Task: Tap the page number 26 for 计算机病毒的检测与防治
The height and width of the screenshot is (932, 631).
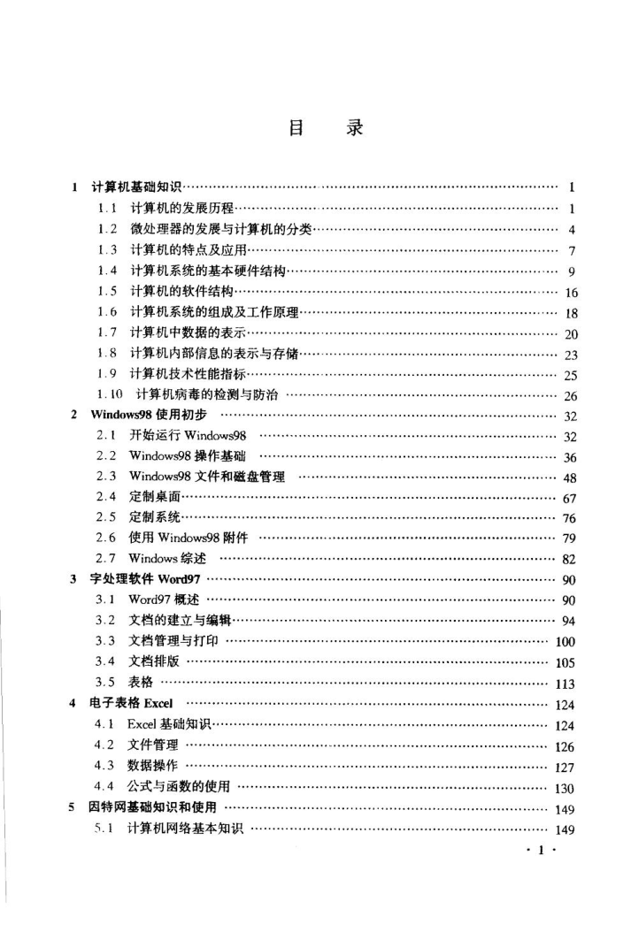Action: pos(570,396)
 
